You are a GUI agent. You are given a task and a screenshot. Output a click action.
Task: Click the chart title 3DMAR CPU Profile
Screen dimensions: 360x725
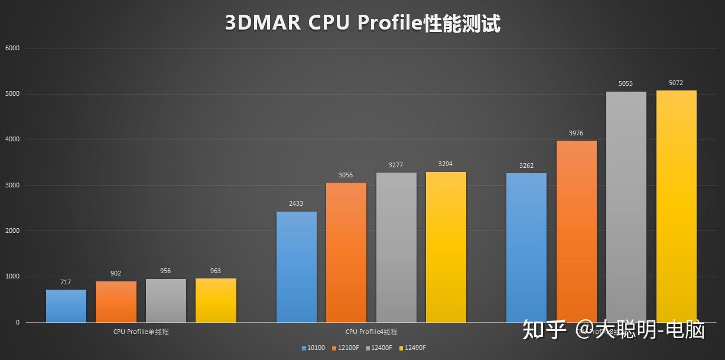362,23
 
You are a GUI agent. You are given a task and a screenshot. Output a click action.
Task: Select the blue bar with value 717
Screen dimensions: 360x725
66,306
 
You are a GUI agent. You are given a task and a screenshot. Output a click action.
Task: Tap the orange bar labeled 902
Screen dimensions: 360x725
116,301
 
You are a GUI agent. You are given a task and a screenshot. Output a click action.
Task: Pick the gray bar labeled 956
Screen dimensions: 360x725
165,300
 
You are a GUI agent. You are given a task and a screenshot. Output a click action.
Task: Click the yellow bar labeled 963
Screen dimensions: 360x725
216,300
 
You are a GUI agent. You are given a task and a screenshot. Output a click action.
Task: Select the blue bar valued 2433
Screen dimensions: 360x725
296,267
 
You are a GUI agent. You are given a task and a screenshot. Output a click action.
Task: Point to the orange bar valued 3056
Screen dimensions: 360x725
346,252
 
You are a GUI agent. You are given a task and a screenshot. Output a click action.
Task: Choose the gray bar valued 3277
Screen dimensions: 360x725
396,247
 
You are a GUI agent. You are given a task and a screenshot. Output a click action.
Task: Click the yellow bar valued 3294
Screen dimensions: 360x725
446,247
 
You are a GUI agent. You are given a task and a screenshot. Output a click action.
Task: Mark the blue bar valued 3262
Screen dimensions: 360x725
526,248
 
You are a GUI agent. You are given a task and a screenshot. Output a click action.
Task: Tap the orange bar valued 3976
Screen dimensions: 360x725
576,231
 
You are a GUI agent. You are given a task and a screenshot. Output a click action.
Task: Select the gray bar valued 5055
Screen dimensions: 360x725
626,207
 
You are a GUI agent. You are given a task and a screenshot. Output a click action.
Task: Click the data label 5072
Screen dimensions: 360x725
676,83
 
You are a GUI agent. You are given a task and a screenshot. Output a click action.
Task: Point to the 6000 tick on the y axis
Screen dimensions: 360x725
12,48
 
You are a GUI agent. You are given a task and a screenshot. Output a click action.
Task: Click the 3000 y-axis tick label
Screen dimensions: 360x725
12,186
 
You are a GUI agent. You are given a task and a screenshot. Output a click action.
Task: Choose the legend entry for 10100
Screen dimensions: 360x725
313,348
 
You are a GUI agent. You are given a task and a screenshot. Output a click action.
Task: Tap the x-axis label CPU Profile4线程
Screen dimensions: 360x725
371,332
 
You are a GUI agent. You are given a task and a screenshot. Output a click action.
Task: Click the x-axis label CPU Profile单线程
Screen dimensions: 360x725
141,332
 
